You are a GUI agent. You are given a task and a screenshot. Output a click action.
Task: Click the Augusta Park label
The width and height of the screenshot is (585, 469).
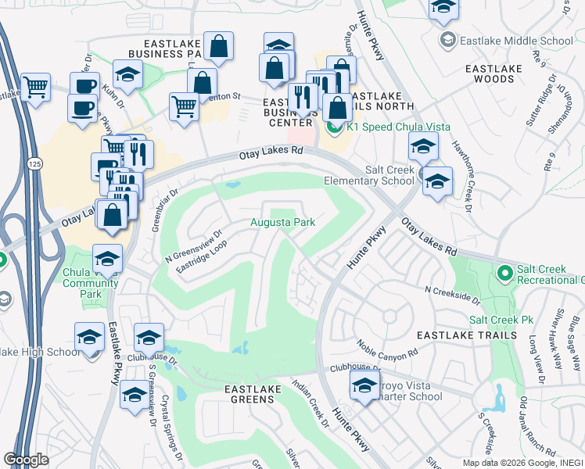pos(282,223)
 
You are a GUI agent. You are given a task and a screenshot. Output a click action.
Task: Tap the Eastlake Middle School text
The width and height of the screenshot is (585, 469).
pos(517,41)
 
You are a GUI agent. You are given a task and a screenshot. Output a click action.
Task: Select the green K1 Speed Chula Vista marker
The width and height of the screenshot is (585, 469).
pos(335,126)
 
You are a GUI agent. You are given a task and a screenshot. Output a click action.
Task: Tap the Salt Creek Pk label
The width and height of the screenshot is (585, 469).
pos(501,320)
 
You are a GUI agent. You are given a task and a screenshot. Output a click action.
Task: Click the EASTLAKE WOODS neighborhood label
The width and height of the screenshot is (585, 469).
pos(501,73)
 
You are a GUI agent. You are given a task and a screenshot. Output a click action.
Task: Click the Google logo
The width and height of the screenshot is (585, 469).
pos(27,460)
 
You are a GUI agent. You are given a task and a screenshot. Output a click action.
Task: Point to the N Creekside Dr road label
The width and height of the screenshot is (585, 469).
pos(452,294)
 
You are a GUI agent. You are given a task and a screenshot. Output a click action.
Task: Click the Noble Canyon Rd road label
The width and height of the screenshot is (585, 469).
pos(387,350)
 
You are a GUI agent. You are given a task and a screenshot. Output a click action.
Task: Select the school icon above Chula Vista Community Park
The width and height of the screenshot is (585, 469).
pos(107,258)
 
